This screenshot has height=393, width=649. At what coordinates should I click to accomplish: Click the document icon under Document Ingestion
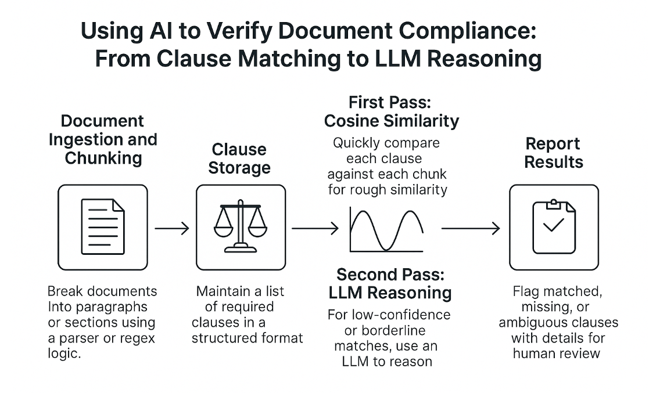pos(103,226)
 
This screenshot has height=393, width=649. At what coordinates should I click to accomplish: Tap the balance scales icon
pos(241,226)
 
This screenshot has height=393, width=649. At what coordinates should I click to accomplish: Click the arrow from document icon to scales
pos(172,229)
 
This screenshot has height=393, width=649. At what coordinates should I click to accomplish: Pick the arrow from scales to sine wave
pos(314,229)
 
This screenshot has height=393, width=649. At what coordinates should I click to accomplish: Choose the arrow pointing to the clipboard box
pos(471,229)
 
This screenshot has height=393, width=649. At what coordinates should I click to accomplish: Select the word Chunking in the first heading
pos(103,158)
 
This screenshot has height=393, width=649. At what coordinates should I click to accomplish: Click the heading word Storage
pos(239,168)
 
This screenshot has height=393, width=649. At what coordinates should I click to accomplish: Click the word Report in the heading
pos(553,143)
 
